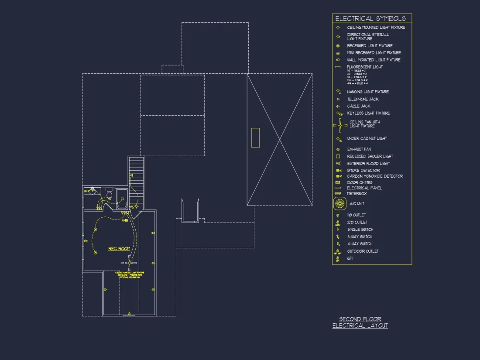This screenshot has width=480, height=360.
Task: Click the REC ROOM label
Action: (119, 249)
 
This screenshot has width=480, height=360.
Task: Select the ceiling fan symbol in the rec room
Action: (129, 263)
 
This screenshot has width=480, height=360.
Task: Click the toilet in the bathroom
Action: (109, 195)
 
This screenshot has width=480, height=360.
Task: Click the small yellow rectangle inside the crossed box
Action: (255, 137)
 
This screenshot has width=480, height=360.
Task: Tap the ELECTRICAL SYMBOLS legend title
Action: (370, 18)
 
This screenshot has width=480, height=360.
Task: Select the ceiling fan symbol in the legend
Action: (340, 126)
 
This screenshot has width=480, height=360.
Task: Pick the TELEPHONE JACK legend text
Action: (363, 99)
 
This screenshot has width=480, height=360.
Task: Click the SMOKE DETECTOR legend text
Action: (363, 170)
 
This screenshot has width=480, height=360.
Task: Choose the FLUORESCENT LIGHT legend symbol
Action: (338, 67)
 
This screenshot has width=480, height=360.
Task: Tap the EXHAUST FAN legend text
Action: (359, 149)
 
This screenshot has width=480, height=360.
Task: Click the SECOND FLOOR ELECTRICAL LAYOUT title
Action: (360, 322)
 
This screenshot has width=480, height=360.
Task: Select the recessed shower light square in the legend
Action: (338, 156)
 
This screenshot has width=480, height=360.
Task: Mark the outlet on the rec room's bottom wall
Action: (129, 312)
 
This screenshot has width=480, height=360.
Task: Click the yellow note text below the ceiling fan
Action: (130, 274)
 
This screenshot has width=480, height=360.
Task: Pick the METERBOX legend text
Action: (357, 193)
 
